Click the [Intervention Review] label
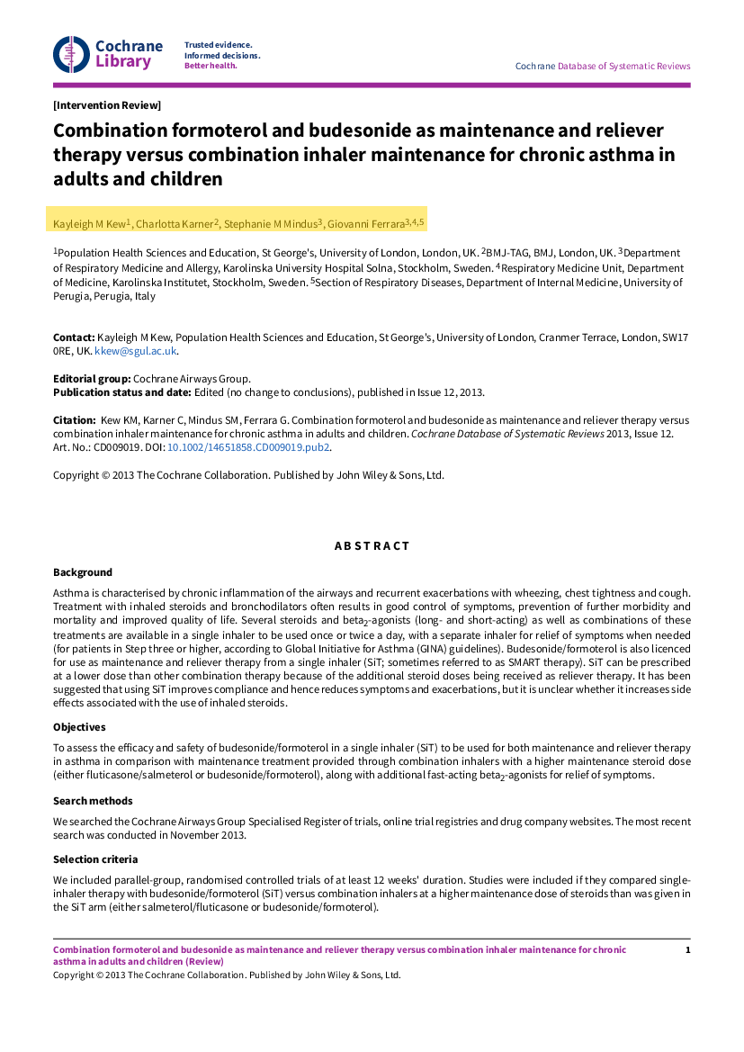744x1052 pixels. pyautogui.click(x=107, y=105)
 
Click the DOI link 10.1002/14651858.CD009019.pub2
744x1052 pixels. pyautogui.click(x=249, y=446)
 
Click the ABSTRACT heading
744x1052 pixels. pyautogui.click(x=372, y=546)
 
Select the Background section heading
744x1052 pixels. pyautogui.click(x=83, y=572)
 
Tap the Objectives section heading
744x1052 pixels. pyautogui.click(x=79, y=727)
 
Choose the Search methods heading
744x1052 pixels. pyautogui.click(x=93, y=801)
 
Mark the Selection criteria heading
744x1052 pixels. pyautogui.click(x=95, y=859)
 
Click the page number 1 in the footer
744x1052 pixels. pyautogui.click(x=687, y=950)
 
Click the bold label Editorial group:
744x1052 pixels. pyautogui.click(x=92, y=379)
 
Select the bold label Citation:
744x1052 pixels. pyautogui.click(x=75, y=420)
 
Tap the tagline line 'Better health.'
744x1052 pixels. pyautogui.click(x=211, y=66)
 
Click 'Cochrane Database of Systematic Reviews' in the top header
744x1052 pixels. pyautogui.click(x=602, y=66)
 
